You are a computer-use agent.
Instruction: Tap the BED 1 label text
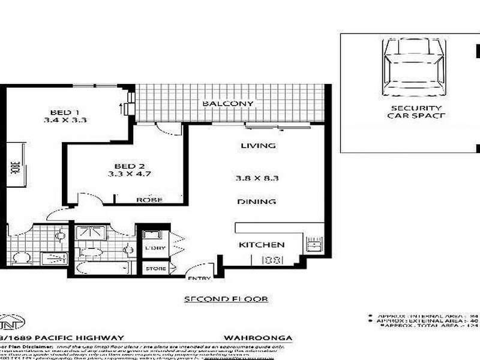tap(65, 112)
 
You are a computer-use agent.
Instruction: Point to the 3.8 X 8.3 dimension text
tap(258, 178)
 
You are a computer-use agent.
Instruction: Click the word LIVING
tap(258, 146)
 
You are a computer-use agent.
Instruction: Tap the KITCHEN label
tap(262, 245)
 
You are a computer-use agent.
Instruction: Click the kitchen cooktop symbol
tap(273, 260)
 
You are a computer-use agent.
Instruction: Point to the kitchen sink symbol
tap(313, 244)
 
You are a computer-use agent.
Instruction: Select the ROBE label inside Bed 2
tap(148, 200)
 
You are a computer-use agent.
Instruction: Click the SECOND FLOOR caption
tap(225, 299)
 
